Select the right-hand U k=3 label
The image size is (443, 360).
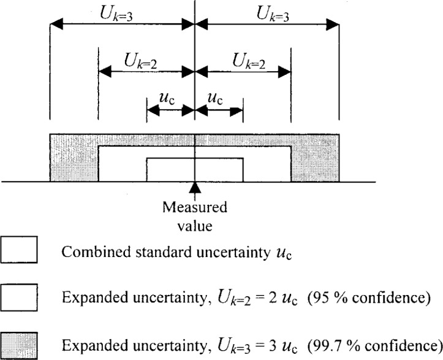pos(265,14)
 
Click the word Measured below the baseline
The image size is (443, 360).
pos(195,208)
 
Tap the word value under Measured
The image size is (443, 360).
pos(195,225)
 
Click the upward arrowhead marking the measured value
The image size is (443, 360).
pos(195,186)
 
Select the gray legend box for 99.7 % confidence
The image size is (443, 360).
pos(20,344)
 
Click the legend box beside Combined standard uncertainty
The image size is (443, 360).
pos(20,251)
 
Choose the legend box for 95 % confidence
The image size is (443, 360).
pos(20,297)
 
